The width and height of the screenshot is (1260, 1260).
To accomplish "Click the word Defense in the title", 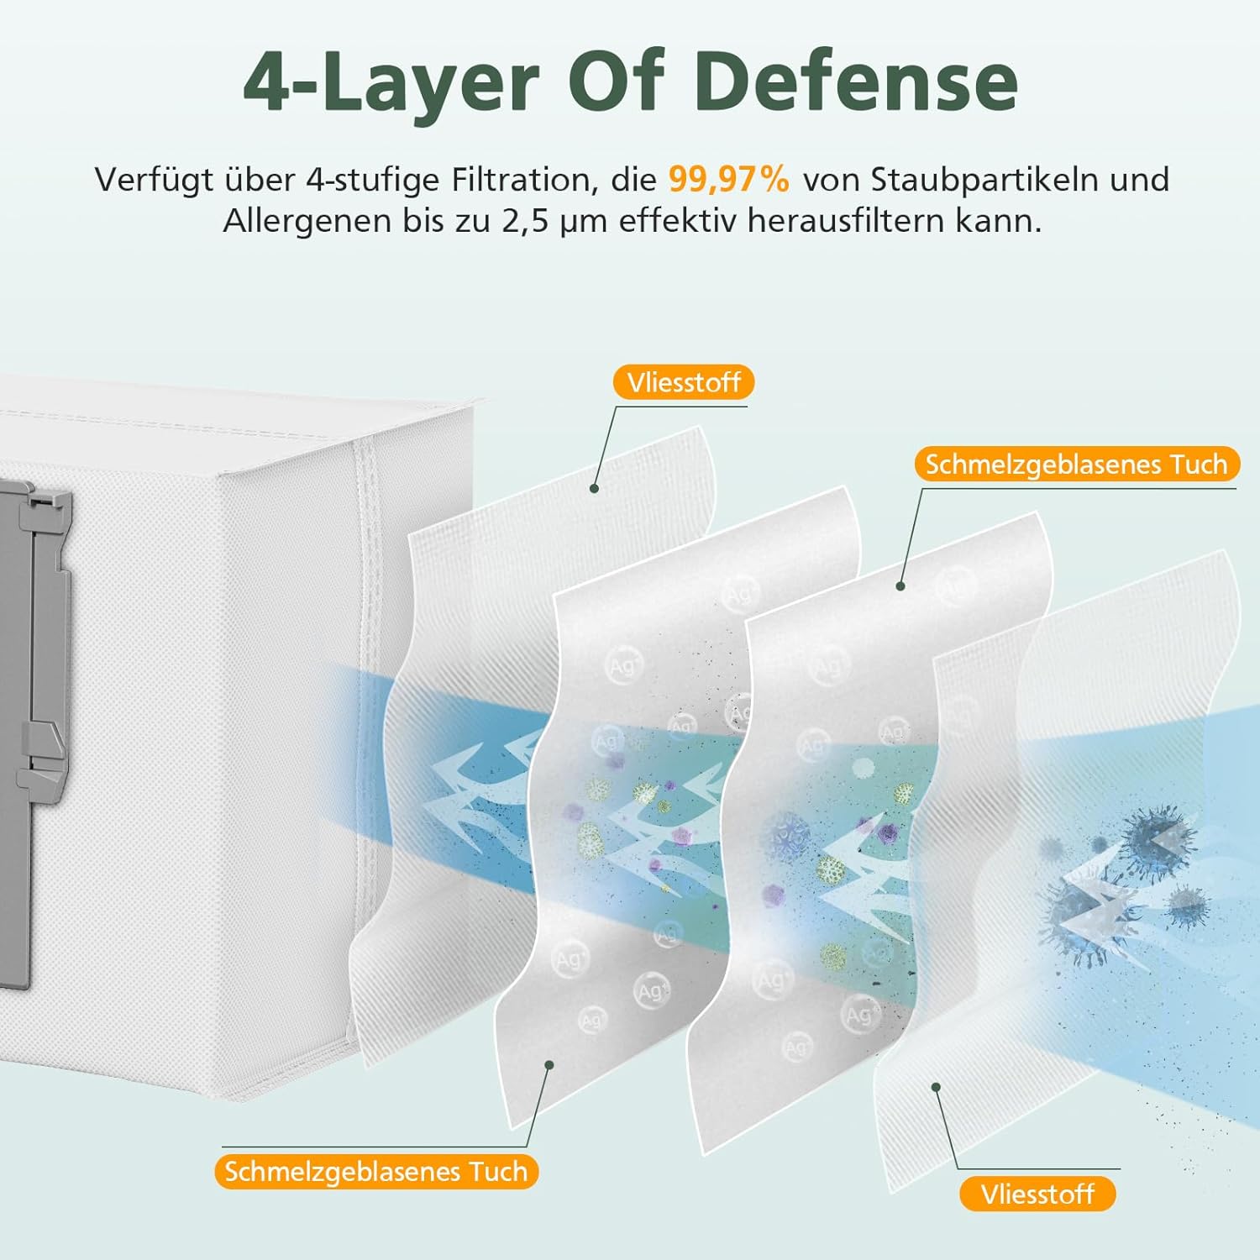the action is click(856, 81).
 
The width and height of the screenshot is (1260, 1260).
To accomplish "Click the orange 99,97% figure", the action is click(729, 179).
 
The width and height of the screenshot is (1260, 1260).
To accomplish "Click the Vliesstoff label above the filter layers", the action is click(684, 382).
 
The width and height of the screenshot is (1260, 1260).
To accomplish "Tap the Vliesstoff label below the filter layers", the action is click(1037, 1194).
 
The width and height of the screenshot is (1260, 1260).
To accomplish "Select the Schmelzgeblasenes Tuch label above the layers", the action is click(1076, 464).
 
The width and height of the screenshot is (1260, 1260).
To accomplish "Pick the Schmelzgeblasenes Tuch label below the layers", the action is click(376, 1171).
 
